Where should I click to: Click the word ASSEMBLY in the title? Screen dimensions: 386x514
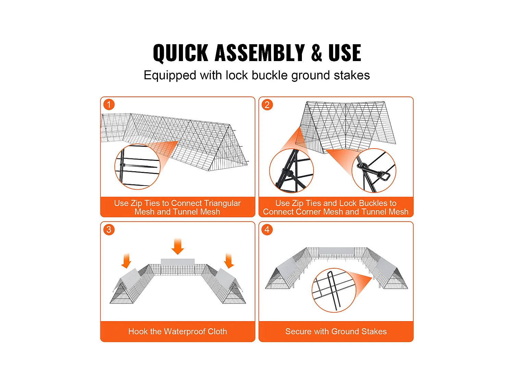click(x=259, y=53)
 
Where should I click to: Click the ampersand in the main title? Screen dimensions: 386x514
click(x=317, y=53)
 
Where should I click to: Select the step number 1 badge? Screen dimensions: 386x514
click(x=109, y=105)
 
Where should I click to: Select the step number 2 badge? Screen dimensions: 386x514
click(x=267, y=105)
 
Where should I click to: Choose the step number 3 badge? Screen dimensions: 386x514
click(x=109, y=230)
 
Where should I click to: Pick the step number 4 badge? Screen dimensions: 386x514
click(x=267, y=230)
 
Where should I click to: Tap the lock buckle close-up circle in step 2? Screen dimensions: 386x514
click(x=374, y=171)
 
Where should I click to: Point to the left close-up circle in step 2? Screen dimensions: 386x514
click(x=291, y=171)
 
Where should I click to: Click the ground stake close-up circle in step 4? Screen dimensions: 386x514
click(x=334, y=290)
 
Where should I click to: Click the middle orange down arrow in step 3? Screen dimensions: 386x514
click(x=178, y=246)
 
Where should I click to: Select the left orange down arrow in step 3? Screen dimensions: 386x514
click(x=126, y=261)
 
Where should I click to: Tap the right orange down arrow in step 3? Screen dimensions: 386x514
click(x=229, y=261)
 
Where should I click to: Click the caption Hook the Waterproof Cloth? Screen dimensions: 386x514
click(x=178, y=331)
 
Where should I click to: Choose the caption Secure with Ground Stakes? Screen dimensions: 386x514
click(x=336, y=331)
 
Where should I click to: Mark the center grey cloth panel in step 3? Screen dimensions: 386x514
click(x=178, y=262)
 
